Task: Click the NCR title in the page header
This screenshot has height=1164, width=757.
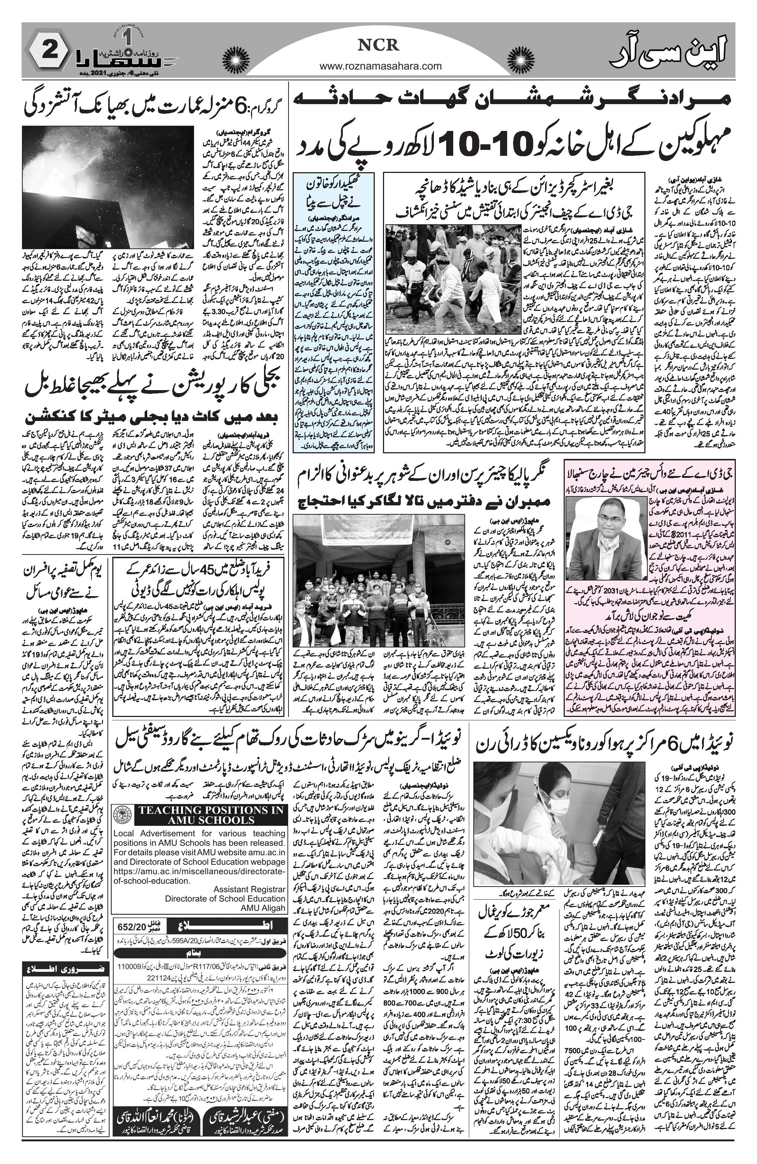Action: click(x=379, y=45)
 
